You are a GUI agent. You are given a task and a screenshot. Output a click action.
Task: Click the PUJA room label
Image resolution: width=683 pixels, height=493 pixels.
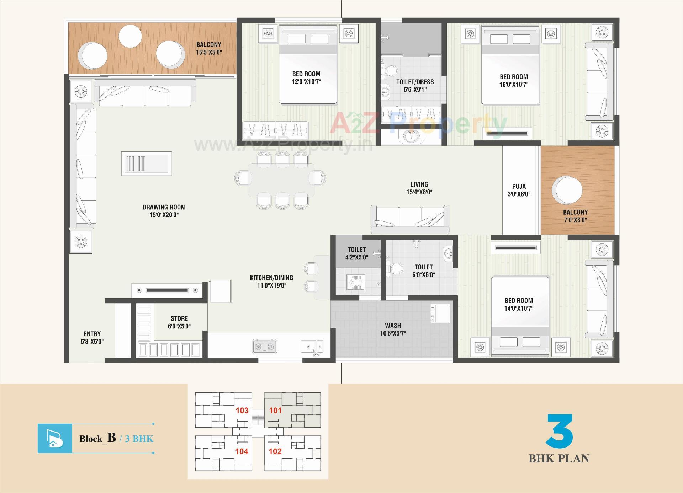[x=519, y=186]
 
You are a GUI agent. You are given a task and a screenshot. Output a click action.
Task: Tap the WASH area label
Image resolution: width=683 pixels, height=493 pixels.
[x=393, y=326]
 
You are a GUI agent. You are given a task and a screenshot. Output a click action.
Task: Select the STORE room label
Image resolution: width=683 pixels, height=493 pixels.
[x=179, y=318]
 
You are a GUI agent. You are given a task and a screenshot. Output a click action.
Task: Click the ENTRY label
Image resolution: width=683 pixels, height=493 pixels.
[x=92, y=334]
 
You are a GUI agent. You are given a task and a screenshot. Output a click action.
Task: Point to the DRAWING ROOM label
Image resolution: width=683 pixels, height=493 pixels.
[x=164, y=207]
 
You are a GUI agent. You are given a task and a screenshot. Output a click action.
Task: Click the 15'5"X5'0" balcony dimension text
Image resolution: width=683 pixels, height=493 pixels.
[x=209, y=52]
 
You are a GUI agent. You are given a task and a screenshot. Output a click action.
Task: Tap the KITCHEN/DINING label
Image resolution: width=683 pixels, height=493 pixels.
[x=271, y=278]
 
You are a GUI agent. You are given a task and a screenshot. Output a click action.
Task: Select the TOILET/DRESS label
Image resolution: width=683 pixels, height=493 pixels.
[x=415, y=82]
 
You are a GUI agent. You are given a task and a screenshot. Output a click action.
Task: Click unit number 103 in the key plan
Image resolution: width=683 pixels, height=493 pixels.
[x=242, y=411]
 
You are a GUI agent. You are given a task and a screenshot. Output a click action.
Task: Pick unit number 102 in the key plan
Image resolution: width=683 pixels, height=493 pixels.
[x=275, y=451]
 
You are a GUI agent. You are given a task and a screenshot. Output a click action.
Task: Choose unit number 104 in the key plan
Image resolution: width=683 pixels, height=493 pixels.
[x=242, y=451]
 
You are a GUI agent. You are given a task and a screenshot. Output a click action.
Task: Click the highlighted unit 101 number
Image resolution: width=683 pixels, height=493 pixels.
[x=275, y=411]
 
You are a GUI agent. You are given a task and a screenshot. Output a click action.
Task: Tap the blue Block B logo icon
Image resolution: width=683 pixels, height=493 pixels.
[x=55, y=438]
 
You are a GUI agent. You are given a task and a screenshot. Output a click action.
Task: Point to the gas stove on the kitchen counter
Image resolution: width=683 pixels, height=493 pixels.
[x=264, y=346]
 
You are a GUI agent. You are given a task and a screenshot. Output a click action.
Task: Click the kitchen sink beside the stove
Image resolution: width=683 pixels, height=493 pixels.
[x=312, y=346]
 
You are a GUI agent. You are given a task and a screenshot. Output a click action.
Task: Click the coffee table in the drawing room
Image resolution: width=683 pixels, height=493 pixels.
[x=146, y=164]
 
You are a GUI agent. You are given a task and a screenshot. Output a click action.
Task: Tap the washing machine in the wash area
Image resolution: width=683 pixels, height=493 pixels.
[x=440, y=313]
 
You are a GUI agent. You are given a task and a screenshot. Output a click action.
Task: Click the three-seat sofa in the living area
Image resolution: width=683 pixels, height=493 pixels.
[x=410, y=218]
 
